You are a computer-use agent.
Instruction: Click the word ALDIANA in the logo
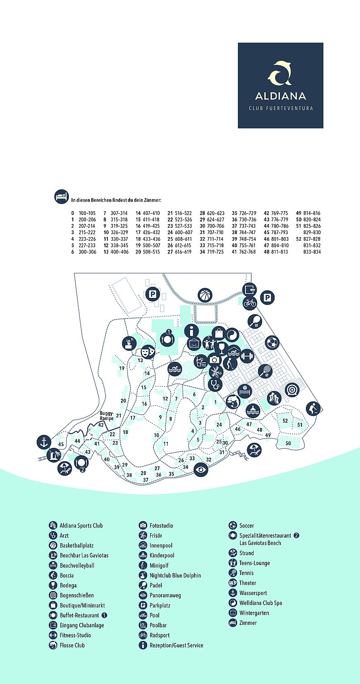click(280, 96)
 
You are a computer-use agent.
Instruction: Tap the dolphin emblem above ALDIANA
click(280, 73)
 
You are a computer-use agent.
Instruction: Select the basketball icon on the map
click(205, 295)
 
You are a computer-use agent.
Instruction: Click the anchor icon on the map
click(44, 442)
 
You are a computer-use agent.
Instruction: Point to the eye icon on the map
click(201, 469)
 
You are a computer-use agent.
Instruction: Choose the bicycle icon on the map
click(250, 303)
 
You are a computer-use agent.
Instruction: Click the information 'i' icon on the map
click(193, 331)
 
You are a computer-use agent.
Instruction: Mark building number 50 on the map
click(288, 443)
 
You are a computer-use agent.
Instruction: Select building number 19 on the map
click(122, 368)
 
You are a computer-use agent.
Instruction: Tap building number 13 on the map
click(140, 360)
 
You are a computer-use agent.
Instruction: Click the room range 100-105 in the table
click(86, 213)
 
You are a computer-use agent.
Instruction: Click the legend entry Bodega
click(68, 585)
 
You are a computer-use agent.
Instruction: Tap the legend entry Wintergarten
click(254, 613)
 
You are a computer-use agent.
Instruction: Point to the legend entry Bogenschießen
click(76, 595)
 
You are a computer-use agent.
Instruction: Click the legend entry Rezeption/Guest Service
click(176, 645)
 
